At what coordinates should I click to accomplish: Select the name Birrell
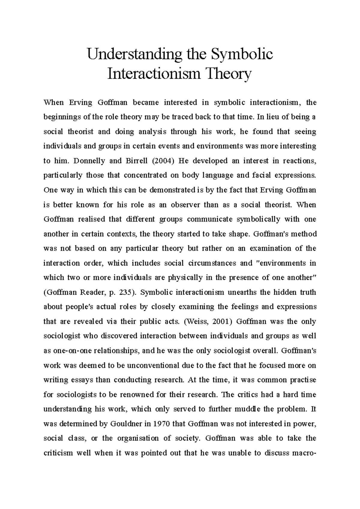pos(135,161)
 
